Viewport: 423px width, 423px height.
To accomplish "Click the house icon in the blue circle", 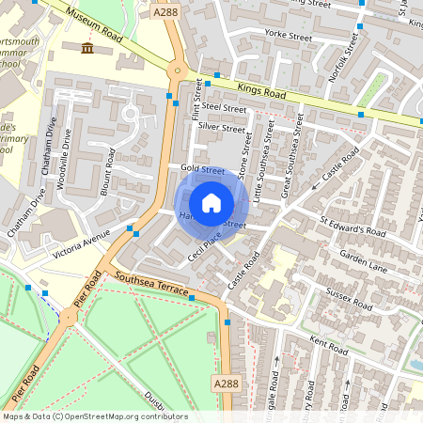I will pos(211,203).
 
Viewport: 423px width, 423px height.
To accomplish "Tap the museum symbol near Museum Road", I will pos(87,48).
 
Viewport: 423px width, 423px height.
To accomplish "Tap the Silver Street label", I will pos(221,127).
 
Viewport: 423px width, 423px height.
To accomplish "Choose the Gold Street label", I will pos(201,169).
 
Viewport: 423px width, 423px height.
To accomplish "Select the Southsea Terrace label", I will pos(150,285).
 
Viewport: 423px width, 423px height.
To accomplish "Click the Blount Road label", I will pos(110,167).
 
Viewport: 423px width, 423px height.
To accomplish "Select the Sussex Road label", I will pos(349,298).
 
